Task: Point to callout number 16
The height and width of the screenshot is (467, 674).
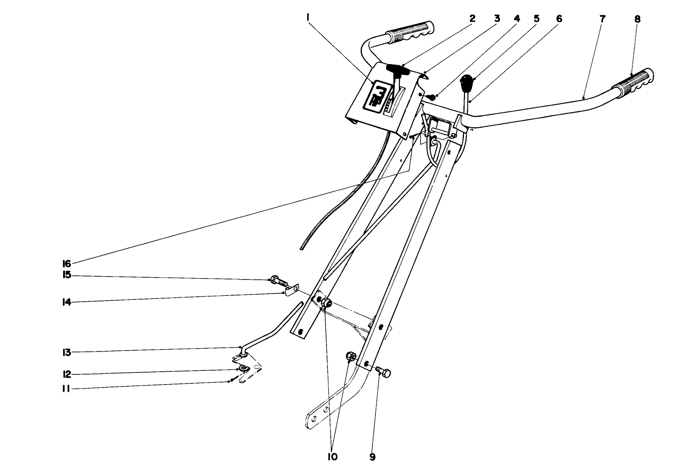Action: coord(67,263)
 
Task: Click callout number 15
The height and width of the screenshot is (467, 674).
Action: coord(67,275)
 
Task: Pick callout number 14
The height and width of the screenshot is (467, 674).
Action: coord(67,302)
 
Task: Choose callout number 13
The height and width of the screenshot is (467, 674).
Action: coord(67,352)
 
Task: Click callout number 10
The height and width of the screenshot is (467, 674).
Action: coord(332,457)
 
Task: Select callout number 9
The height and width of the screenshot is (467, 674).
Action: coord(372,457)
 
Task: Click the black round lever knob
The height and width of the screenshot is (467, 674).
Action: coord(466,81)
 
